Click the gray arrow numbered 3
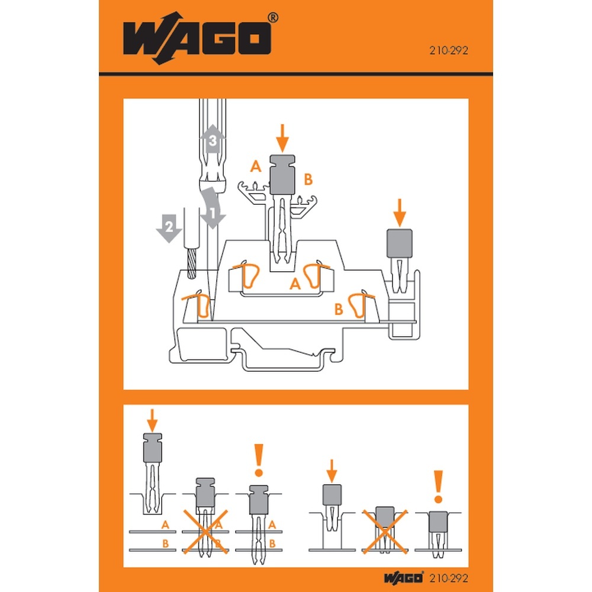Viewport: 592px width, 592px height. pos(212,141)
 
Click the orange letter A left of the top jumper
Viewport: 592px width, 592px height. pos(256,168)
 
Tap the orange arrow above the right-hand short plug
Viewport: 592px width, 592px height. pos(400,212)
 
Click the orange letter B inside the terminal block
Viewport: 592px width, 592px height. pos(338,308)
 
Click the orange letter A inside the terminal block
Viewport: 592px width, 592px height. pos(294,285)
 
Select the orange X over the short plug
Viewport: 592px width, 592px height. pos(384,529)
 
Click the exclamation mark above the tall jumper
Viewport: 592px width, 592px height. pos(258,462)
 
